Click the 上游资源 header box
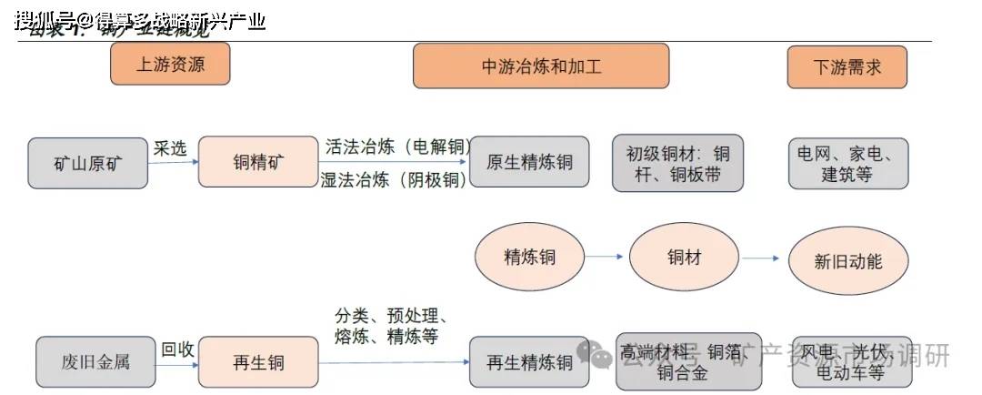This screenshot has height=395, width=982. tap(170, 64)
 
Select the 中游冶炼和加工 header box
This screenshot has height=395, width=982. tap(541, 66)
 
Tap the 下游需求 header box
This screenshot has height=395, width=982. tap(847, 66)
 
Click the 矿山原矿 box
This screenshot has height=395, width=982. tap(87, 163)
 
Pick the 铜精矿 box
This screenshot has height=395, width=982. tap(257, 162)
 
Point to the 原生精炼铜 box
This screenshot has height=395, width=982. tap(530, 162)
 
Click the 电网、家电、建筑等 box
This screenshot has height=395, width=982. tap(847, 163)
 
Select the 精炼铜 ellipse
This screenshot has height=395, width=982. tap(530, 258)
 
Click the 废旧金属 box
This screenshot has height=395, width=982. tap(96, 361)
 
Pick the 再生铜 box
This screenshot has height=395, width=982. tap(257, 361)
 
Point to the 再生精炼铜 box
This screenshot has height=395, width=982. tap(530, 361)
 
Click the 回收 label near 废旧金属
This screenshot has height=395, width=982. tap(177, 349)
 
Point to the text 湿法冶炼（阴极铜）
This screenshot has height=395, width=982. tap(394, 179)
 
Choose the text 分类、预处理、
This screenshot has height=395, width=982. tap(391, 317)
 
